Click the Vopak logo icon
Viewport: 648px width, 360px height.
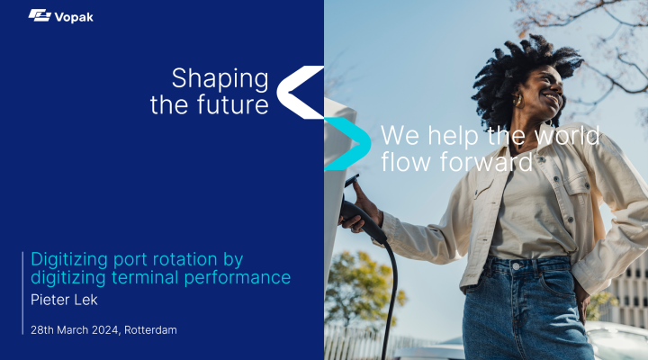[x=40, y=15]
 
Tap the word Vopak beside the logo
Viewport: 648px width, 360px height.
[x=74, y=17]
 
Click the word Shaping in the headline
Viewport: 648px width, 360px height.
[x=220, y=79]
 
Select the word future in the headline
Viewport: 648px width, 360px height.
[x=233, y=104]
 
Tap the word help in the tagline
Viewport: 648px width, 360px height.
[x=453, y=135]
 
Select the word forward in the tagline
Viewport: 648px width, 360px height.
[x=486, y=162]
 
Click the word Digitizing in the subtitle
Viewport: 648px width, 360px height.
[x=69, y=260]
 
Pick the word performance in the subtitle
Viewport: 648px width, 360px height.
[x=238, y=278]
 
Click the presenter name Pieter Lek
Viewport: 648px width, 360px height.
[x=64, y=300]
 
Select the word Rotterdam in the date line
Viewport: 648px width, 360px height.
[x=150, y=329]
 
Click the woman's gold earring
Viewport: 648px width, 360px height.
[x=518, y=100]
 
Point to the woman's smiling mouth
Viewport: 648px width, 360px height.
[x=552, y=98]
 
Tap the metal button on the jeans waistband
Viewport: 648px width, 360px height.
[x=517, y=266]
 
